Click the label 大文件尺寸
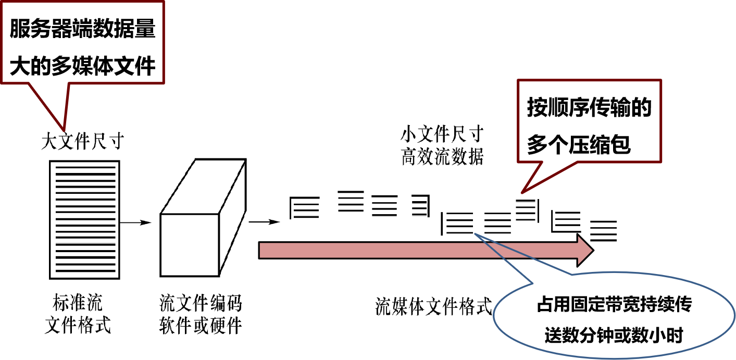point(82,141)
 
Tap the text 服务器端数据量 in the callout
point(83,30)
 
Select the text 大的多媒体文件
point(83,66)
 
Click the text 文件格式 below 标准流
point(78,326)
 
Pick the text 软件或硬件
point(201,326)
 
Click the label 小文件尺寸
point(442,135)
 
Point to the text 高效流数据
point(442,157)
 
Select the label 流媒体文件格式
point(433,307)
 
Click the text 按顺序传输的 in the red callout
point(589,108)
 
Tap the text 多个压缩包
point(579,144)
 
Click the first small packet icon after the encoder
point(303,207)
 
